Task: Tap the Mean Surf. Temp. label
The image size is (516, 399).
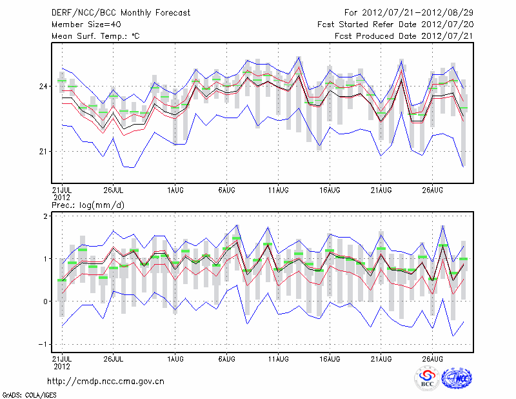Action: (95, 36)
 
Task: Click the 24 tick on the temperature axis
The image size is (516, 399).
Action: (43, 86)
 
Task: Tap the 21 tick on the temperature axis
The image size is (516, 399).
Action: (43, 151)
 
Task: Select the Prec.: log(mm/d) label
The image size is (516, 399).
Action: (88, 205)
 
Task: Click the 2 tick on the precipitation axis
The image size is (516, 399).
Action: (45, 216)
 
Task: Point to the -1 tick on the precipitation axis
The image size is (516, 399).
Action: (43, 343)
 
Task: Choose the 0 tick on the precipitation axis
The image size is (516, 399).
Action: (45, 302)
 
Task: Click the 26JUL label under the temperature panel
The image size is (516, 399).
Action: (114, 190)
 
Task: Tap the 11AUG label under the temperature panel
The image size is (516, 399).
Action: (279, 190)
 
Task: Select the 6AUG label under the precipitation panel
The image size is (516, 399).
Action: (227, 357)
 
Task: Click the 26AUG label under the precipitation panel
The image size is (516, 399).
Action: (433, 357)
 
